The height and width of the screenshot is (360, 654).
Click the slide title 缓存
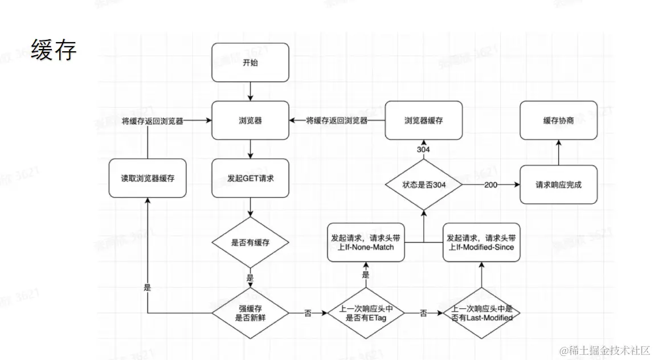pyautogui.click(x=54, y=51)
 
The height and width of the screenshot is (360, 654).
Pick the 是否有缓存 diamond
pyautogui.click(x=250, y=242)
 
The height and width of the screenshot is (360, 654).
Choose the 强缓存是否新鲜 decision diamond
pyautogui.click(x=250, y=313)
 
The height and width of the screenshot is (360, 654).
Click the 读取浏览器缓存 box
pyautogui.click(x=147, y=178)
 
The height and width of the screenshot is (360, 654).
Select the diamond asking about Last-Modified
pyautogui.click(x=482, y=313)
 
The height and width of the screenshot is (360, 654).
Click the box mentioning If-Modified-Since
pyautogui.click(x=482, y=242)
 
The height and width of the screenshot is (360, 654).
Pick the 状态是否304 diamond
pyautogui.click(x=423, y=185)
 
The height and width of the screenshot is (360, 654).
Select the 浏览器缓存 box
pyautogui.click(x=423, y=121)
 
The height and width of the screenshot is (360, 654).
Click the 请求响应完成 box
pyautogui.click(x=558, y=185)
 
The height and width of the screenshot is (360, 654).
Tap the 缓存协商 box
pyautogui.click(x=558, y=121)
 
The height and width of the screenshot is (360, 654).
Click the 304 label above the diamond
pyautogui.click(x=423, y=149)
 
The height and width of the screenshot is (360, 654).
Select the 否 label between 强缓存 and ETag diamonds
pyautogui.click(x=308, y=313)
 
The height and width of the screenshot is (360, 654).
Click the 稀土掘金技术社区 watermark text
pyautogui.click(x=604, y=349)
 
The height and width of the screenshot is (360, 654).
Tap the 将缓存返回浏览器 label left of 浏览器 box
pyautogui.click(x=152, y=121)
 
